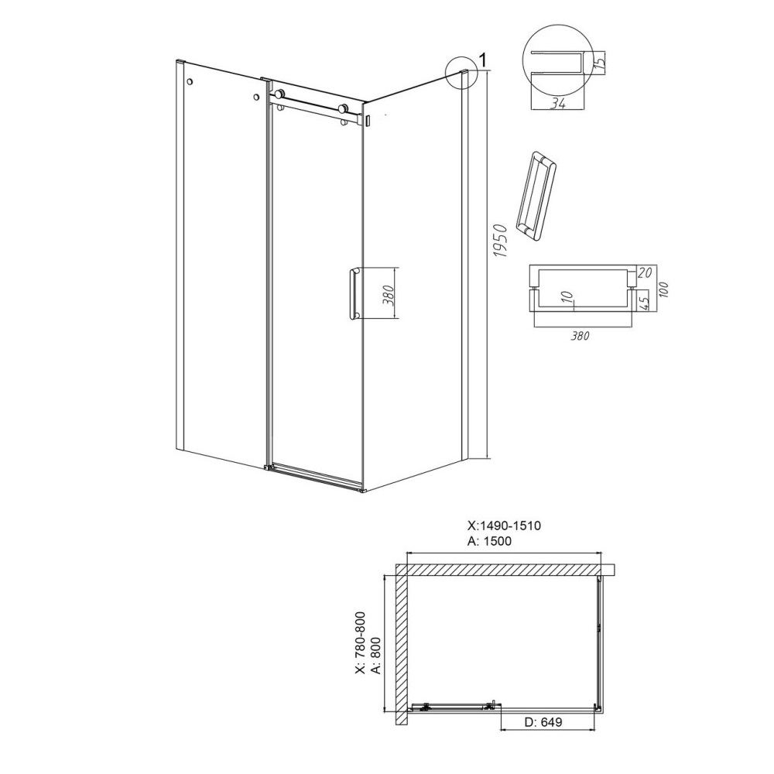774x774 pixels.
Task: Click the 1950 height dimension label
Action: (x=501, y=241)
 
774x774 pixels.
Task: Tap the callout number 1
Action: (x=483, y=60)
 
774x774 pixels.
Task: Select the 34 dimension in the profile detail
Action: (x=558, y=104)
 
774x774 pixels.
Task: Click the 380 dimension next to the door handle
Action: (x=389, y=295)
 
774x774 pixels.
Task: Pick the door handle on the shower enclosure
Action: (x=354, y=294)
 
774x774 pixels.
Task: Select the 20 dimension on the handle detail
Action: (x=645, y=272)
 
